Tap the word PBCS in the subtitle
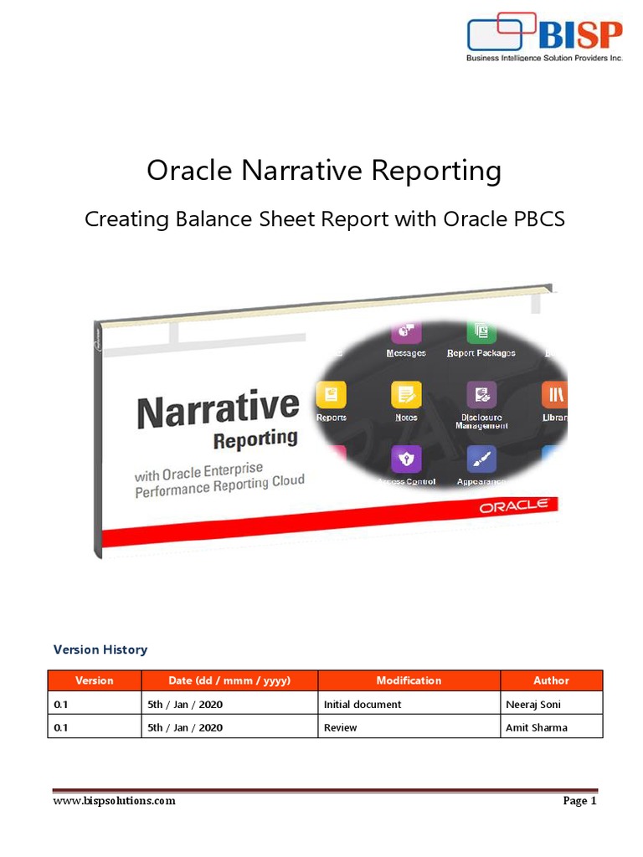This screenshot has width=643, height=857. (537, 219)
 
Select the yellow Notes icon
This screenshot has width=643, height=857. (407, 394)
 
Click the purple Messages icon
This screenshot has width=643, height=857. (406, 331)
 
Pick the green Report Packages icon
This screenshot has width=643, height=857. (481, 331)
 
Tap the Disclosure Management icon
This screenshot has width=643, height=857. (481, 394)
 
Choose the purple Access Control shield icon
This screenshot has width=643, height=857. (407, 459)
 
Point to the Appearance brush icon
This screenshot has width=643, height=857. (481, 459)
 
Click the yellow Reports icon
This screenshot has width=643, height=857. (332, 394)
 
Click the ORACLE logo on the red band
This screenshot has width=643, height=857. (513, 506)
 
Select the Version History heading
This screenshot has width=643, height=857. (100, 649)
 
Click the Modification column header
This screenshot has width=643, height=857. (409, 680)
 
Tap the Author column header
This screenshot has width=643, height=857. (551, 680)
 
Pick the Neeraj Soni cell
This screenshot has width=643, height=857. (533, 705)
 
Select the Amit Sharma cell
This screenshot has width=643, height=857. (537, 727)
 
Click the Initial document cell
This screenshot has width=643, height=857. (363, 705)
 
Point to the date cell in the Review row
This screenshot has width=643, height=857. (185, 727)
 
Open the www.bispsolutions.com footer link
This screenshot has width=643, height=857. (114, 801)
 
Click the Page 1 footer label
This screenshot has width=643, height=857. (579, 801)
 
